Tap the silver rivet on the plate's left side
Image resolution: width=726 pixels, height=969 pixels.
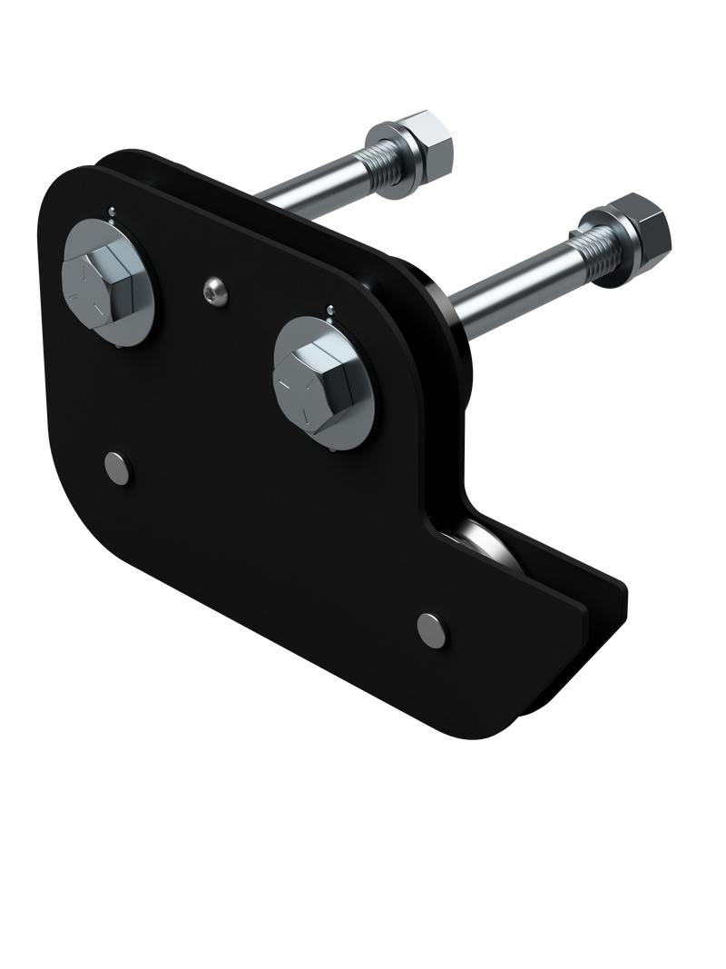click(x=118, y=467)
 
